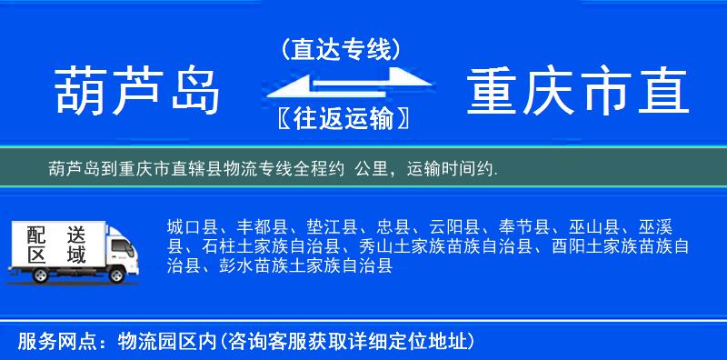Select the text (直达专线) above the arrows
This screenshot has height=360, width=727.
point(342,48)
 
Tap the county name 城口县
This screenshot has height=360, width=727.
point(191,227)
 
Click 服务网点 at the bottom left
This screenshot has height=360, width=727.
point(46,342)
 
